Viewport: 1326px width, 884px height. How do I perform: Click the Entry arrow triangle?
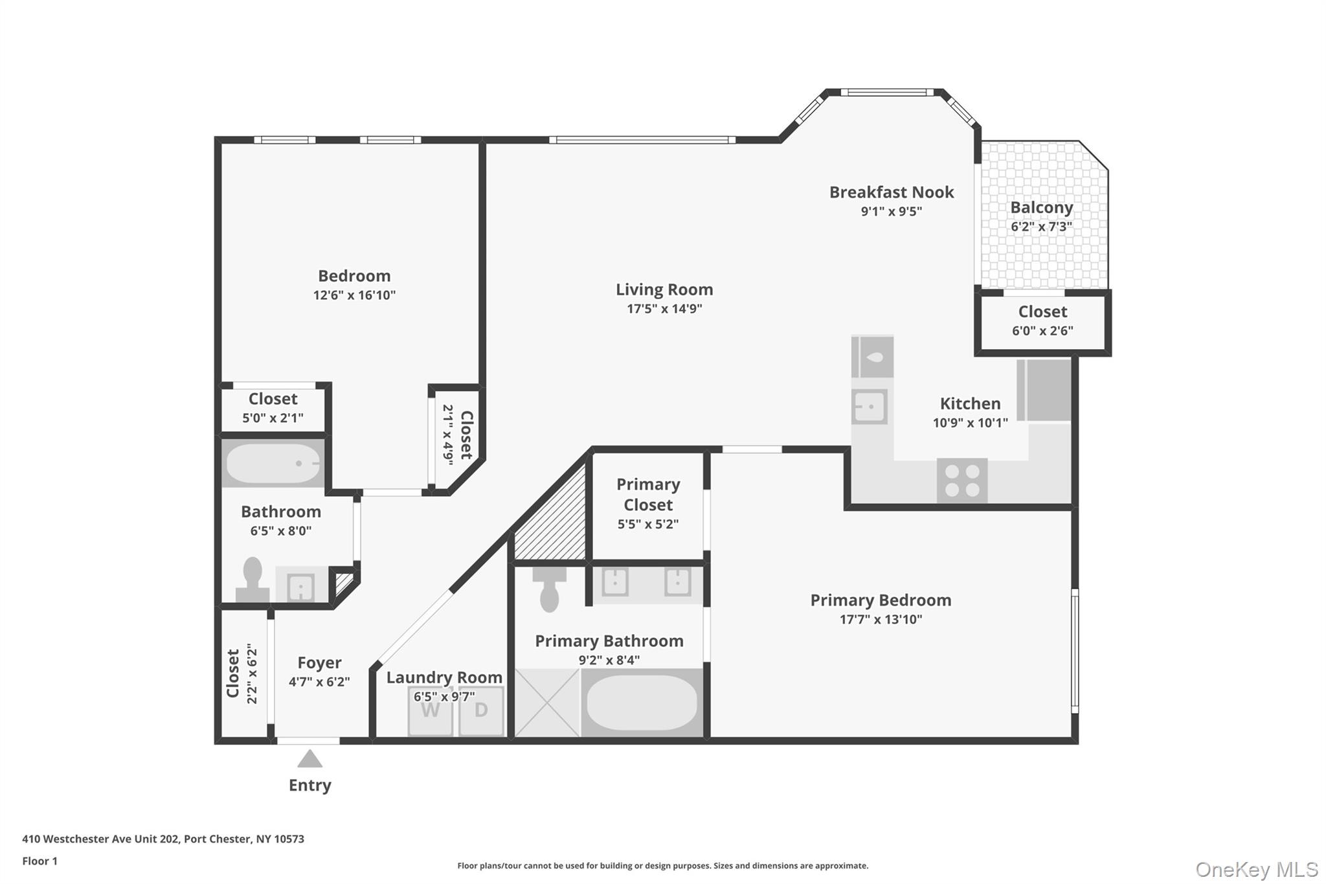(309, 759)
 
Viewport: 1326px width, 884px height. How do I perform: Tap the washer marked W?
(430, 711)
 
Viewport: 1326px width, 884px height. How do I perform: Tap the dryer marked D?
(481, 711)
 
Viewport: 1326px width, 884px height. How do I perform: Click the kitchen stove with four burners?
(961, 481)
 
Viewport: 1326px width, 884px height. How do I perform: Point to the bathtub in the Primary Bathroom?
(641, 703)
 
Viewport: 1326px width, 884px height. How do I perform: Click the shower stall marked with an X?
(547, 703)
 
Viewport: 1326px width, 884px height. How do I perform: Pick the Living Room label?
(664, 289)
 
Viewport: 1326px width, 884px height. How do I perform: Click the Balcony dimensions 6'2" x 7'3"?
(1041, 227)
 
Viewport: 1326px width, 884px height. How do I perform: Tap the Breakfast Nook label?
(892, 192)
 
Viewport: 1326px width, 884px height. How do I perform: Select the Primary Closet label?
(648, 494)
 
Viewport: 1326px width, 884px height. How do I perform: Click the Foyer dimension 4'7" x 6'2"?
(319, 681)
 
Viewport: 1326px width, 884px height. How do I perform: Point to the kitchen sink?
(869, 407)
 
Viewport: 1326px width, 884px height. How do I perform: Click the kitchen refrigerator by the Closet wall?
(1044, 390)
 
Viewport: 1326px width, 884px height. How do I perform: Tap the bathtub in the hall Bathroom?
(273, 463)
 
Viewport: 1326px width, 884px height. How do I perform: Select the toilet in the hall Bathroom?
(252, 580)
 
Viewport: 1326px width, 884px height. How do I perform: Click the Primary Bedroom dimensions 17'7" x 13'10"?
(881, 619)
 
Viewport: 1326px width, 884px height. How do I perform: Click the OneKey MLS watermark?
(1256, 869)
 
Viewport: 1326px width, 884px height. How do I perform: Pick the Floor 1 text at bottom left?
(40, 861)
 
